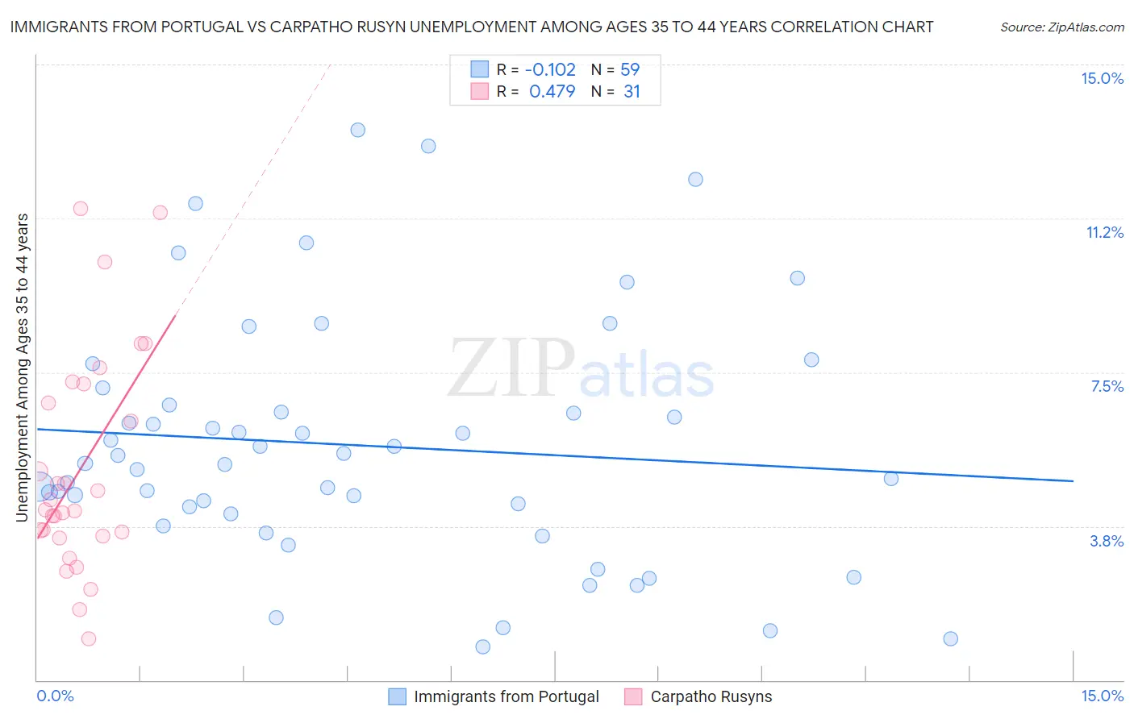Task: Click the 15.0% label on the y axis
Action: pos(1102,78)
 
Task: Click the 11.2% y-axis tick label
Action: pos(1104,232)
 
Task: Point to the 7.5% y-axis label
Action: pos(1107,386)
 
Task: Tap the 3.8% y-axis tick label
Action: pos(1107,541)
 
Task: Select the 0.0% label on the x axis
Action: pos(55,696)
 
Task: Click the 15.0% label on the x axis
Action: pos(1102,696)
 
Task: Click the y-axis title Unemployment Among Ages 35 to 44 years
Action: pos(23,367)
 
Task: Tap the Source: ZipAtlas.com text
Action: pos(1061,27)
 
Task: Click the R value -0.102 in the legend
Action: pos(550,69)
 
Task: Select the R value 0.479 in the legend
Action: pos(552,91)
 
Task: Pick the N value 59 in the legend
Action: pos(630,69)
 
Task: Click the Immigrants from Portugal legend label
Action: pos(507,696)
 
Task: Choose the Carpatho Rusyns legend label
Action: pos(711,696)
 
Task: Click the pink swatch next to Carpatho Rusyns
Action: pos(633,696)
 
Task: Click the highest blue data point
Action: pos(357,130)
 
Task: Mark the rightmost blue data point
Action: pos(950,638)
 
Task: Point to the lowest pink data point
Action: pos(89,638)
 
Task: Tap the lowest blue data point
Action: pos(482,646)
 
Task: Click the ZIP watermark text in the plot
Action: pos(511,368)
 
